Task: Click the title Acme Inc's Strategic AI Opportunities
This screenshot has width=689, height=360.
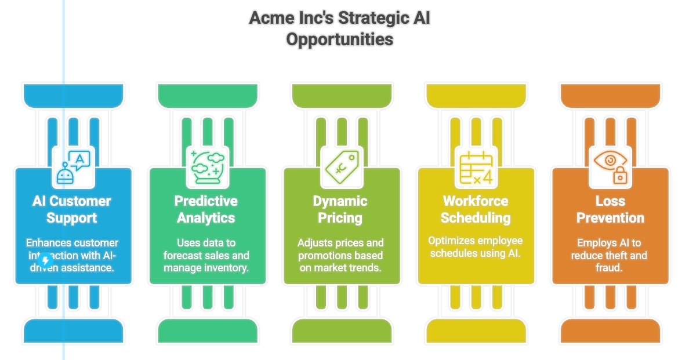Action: click(x=340, y=28)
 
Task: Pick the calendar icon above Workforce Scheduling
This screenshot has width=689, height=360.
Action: click(x=476, y=167)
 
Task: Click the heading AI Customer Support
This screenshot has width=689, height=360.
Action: click(x=72, y=209)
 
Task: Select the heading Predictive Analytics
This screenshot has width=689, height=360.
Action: click(x=206, y=209)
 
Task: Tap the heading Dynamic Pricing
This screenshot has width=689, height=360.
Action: click(x=340, y=209)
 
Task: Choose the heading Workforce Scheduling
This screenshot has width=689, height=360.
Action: click(x=476, y=209)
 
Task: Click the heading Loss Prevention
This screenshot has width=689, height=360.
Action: click(x=610, y=209)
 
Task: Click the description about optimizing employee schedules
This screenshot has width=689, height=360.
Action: click(x=476, y=247)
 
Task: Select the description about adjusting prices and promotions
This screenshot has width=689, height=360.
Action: click(x=340, y=255)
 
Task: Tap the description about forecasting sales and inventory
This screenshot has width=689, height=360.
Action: click(x=206, y=255)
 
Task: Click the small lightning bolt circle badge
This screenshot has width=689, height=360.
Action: click(x=46, y=261)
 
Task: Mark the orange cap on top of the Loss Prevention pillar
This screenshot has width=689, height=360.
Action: click(x=610, y=95)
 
